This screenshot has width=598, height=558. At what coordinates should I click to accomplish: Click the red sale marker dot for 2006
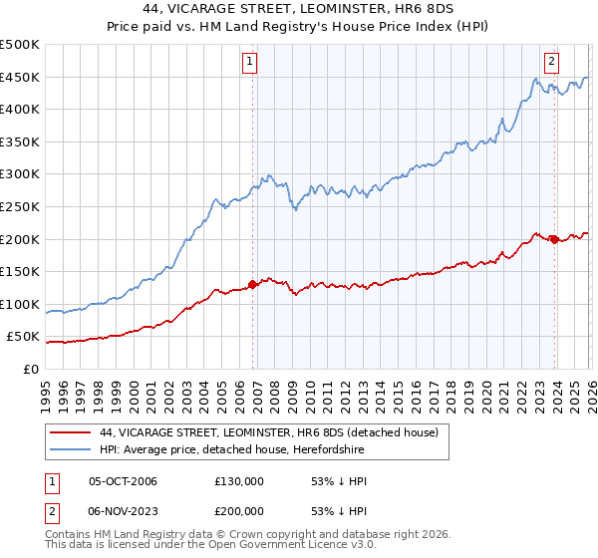(252, 284)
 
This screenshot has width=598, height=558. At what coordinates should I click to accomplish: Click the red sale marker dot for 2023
(553, 239)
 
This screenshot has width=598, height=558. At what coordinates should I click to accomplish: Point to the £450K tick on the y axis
(20, 77)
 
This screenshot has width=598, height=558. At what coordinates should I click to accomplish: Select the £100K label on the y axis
(20, 304)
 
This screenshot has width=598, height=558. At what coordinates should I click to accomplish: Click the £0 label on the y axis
(30, 369)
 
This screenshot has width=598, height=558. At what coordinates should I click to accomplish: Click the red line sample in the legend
(72, 432)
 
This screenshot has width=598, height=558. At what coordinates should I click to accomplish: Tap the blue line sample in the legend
(72, 450)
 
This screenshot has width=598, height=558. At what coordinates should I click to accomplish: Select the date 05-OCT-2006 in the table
(123, 481)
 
